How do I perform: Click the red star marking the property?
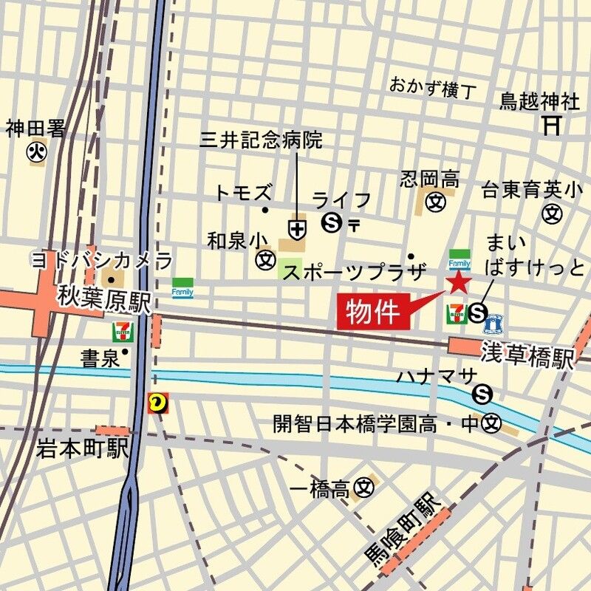[459, 281]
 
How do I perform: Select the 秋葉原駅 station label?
[105, 301]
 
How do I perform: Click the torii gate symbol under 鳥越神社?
[551, 124]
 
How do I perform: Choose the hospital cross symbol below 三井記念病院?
[298, 230]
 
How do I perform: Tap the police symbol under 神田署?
[35, 152]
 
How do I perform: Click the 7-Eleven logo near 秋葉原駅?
[122, 332]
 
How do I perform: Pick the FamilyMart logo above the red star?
[459, 260]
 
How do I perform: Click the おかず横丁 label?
[433, 88]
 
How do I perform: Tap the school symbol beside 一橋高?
[363, 488]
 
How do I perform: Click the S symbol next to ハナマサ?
[484, 392]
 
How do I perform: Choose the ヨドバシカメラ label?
[101, 260]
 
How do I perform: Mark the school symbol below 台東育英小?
[551, 214]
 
